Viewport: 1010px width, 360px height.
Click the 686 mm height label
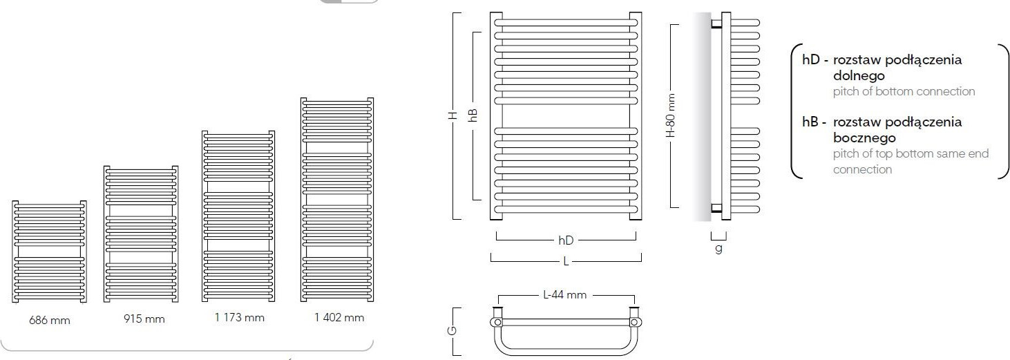click(50, 321)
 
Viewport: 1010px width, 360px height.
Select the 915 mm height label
click(144, 319)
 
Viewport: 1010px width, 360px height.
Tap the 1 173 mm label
click(240, 318)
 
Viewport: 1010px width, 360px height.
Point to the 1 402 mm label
click(339, 318)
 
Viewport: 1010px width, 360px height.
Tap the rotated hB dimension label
click(473, 115)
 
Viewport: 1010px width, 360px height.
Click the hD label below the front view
click(566, 240)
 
